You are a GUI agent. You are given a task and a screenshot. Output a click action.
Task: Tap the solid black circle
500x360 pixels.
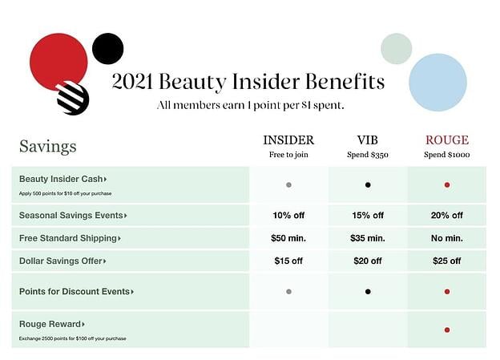(108, 48)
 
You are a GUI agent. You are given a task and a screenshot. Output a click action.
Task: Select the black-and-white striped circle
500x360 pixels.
(73, 99)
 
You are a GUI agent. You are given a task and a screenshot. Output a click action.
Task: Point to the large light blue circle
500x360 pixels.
(437, 83)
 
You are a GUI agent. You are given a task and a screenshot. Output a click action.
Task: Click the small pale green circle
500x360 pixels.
(396, 48)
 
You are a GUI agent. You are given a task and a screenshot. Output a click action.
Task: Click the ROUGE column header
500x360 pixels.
(446, 140)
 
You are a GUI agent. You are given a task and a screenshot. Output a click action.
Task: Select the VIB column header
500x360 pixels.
(368, 140)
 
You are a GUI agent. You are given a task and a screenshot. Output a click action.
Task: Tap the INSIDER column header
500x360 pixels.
(288, 140)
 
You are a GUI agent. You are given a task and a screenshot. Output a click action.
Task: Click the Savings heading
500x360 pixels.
(48, 147)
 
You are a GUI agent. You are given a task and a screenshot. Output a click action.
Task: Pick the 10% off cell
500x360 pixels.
(288, 215)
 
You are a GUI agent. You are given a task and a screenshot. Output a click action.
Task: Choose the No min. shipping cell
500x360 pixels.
(446, 238)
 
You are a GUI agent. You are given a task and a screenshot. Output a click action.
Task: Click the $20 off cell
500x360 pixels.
(368, 261)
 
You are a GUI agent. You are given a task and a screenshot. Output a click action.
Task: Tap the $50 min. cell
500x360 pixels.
(288, 238)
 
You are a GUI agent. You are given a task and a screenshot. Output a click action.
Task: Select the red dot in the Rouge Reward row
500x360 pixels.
(446, 330)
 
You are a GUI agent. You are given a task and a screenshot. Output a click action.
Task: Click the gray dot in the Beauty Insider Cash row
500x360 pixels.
(288, 185)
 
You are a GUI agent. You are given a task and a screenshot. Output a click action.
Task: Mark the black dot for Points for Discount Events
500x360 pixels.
(368, 292)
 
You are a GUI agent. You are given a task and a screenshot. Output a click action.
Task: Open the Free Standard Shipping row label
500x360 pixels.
(71, 238)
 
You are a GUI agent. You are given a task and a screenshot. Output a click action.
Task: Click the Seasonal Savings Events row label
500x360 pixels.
(73, 215)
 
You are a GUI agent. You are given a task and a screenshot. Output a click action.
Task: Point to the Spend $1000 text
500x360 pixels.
(446, 155)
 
